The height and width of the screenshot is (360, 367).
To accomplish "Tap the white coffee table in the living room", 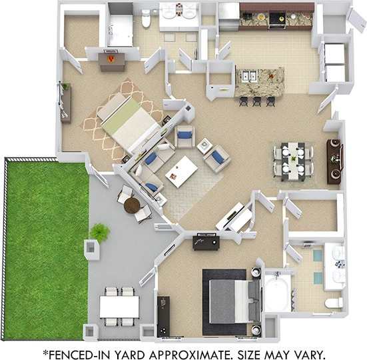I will (x=181, y=172).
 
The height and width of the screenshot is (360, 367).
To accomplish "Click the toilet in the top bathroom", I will (x=146, y=20).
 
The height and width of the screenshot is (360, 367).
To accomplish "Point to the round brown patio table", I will (x=132, y=204).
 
